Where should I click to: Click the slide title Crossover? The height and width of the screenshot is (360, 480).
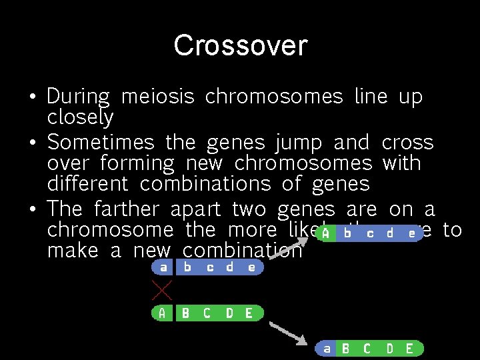pyautogui.click(x=240, y=45)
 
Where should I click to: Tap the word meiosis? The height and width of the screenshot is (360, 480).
pyautogui.click(x=157, y=97)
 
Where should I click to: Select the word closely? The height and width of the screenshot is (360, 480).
pyautogui.click(x=80, y=117)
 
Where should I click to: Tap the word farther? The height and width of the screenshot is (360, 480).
pyautogui.click(x=129, y=209)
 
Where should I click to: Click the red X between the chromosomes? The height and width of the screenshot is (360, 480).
pyautogui.click(x=162, y=289)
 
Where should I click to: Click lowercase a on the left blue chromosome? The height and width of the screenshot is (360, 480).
pyautogui.click(x=162, y=268)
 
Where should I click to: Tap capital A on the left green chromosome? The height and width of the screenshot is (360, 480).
pyautogui.click(x=162, y=313)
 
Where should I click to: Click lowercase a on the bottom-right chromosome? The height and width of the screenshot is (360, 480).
pyautogui.click(x=326, y=349)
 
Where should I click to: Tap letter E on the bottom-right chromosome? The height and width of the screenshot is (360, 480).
pyautogui.click(x=409, y=349)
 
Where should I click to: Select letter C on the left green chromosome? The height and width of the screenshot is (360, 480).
pyautogui.click(x=207, y=313)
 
